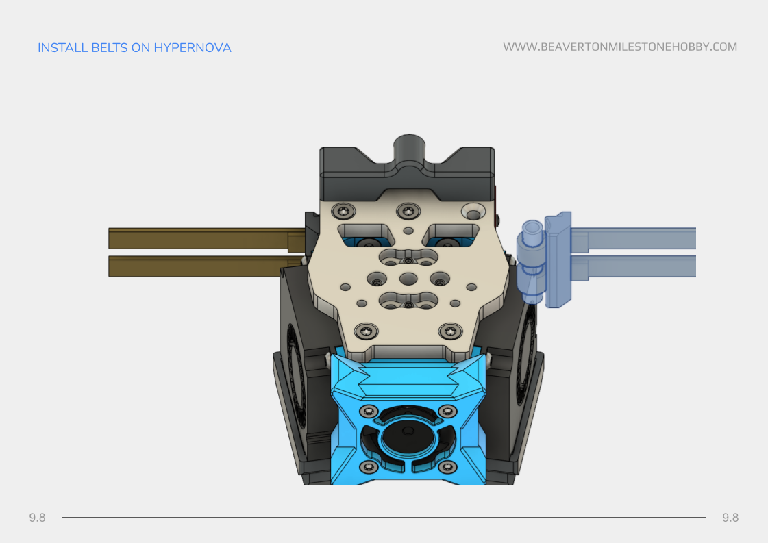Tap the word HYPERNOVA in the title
click(x=193, y=48)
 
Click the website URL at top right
click(x=620, y=47)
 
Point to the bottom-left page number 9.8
click(x=37, y=518)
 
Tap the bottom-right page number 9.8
click(x=730, y=518)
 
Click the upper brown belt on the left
click(x=199, y=238)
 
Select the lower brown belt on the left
click(x=199, y=266)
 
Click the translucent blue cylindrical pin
click(x=531, y=262)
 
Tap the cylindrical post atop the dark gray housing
click(x=408, y=149)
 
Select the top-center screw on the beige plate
click(x=408, y=211)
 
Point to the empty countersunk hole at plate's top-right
click(x=472, y=210)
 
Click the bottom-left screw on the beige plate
click(x=368, y=331)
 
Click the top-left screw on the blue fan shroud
click(x=369, y=411)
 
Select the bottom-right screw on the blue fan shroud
click(x=447, y=466)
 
